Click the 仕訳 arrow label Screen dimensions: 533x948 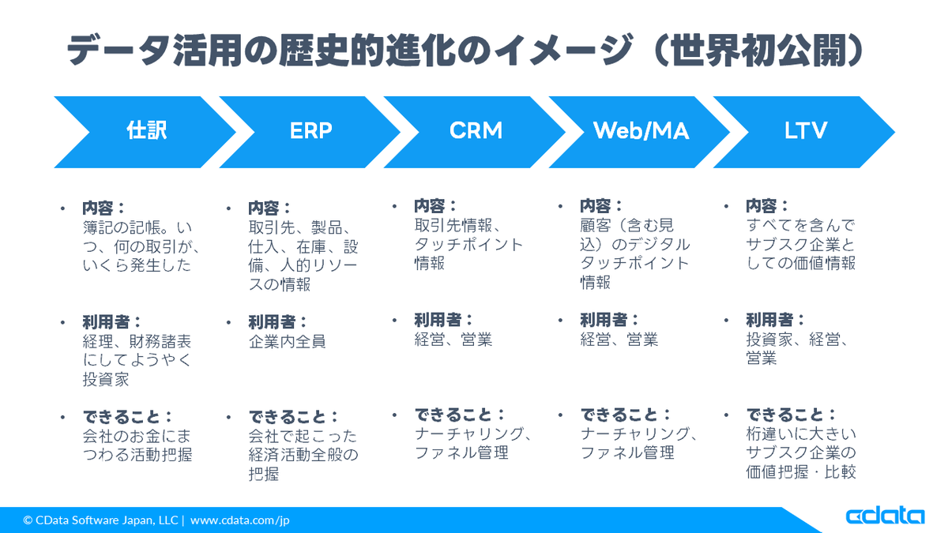[147, 130]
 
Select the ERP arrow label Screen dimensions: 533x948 [311, 130]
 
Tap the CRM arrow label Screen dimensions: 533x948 [476, 130]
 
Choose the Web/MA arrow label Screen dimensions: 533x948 [641, 130]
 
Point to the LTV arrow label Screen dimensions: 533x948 [806, 130]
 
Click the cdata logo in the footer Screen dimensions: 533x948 [884, 516]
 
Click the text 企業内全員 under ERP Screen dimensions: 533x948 [287, 342]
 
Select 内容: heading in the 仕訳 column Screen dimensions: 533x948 [103, 208]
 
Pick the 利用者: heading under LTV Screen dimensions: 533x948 [775, 320]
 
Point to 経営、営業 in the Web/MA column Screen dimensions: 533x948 [619, 340]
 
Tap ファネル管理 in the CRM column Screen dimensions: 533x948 [461, 453]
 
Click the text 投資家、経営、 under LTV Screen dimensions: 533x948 [798, 340]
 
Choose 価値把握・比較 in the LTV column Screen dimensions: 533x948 [801, 473]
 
